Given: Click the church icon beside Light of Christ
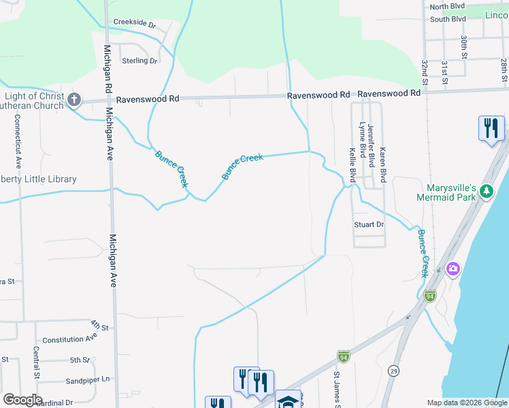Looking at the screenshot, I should click(74, 101).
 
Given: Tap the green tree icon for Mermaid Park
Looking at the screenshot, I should click(486, 192).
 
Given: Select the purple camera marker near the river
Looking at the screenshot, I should click(453, 269).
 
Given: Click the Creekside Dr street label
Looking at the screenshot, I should click(135, 23).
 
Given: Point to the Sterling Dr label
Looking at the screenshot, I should click(139, 61).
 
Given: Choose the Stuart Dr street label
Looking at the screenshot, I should click(369, 224).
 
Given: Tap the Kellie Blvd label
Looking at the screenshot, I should click(353, 165).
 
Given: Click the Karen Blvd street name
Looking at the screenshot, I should click(383, 165).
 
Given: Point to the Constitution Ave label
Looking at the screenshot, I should click(70, 338).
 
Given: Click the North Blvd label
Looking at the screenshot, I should click(447, 6).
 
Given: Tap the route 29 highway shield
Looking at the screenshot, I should click(394, 370).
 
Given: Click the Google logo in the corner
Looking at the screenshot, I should click(22, 400).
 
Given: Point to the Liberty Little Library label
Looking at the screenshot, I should click(38, 179).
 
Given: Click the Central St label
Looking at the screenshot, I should click(35, 363).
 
